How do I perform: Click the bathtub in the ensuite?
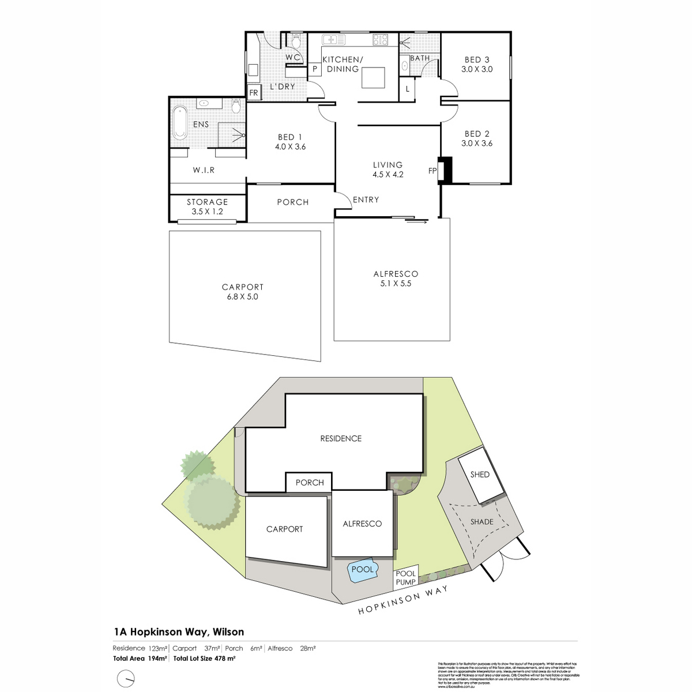(x=180, y=122)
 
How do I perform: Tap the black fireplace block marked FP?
(x=446, y=170)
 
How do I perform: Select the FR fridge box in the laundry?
(x=253, y=93)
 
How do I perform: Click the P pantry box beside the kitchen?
(x=315, y=69)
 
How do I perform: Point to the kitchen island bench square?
(x=373, y=77)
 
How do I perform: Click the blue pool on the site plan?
(x=363, y=570)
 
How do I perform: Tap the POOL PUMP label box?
(x=406, y=578)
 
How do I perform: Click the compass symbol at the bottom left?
(x=126, y=678)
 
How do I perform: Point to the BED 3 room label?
(x=476, y=59)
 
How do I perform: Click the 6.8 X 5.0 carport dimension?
(x=243, y=296)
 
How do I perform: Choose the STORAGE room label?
(x=207, y=202)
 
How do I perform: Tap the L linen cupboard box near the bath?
(x=408, y=89)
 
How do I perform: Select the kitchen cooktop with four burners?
(x=380, y=40)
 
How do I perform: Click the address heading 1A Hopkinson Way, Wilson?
(x=178, y=632)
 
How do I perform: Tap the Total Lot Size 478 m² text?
(x=208, y=658)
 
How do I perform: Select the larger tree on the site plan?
(x=212, y=503)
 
